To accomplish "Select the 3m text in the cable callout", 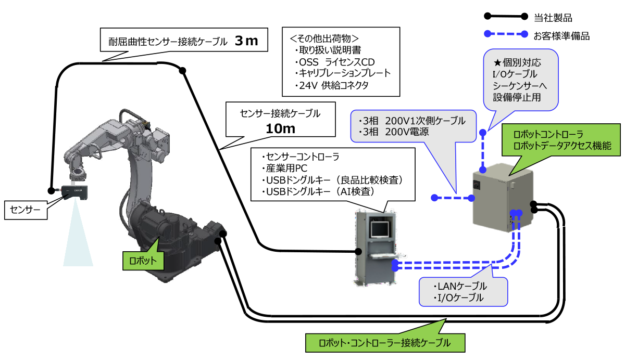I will point(246,41).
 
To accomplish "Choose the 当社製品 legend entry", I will point(553,18).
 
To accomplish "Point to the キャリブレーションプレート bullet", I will point(344,73).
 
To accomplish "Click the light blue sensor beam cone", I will point(78,239).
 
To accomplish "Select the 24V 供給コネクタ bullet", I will point(333,85).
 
